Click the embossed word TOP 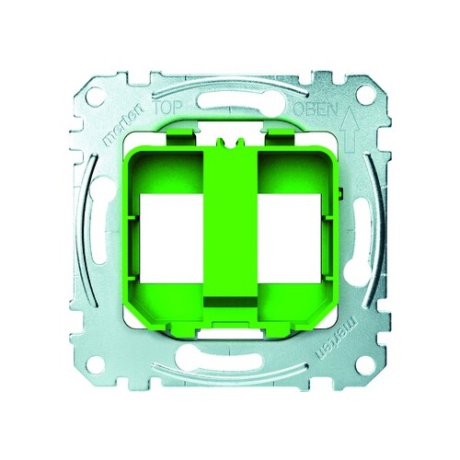coord(167,108)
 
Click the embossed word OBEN coord(316,109)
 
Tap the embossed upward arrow coord(350,130)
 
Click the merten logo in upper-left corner coord(123,124)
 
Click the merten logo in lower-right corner coord(337,337)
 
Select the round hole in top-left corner coord(96,97)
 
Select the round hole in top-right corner coord(366,95)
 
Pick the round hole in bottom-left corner coord(95,364)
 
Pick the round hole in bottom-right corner coord(365,365)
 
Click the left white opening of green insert coord(171,238)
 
